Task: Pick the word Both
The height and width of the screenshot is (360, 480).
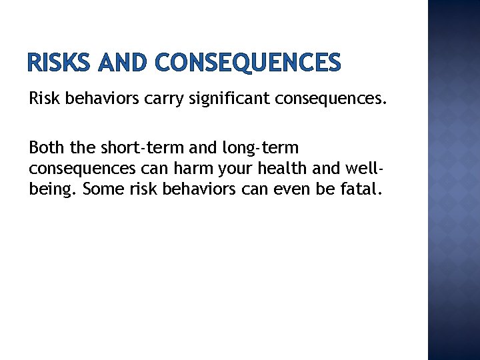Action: (x=46, y=147)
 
